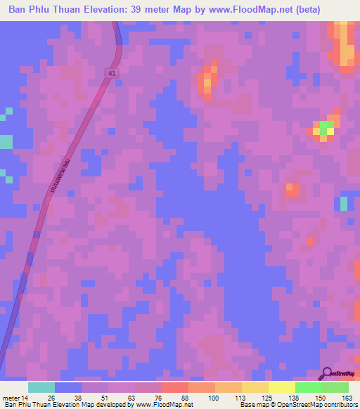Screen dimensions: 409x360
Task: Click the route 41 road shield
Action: pos(112,73)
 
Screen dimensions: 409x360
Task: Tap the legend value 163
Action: pos(347,398)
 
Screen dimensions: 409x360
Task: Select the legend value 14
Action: pos(27,398)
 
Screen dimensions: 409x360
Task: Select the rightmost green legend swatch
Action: pos(335,387)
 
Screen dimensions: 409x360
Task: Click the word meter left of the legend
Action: pos(12,398)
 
